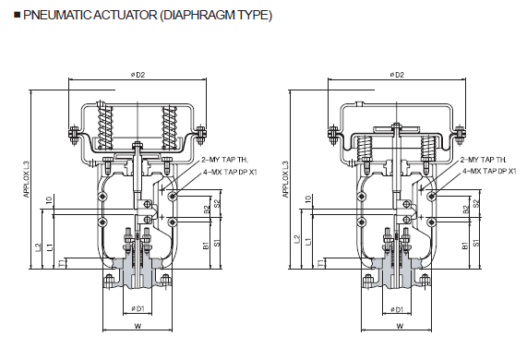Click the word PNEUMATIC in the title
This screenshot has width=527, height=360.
click(x=56, y=15)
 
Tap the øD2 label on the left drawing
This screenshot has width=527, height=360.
click(x=138, y=75)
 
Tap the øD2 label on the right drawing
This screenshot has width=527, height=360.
click(x=397, y=75)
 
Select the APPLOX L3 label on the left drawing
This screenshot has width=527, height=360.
click(x=27, y=179)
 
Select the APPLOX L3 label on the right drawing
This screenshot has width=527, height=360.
click(x=286, y=179)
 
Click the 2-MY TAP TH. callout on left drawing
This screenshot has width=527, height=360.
click(x=224, y=160)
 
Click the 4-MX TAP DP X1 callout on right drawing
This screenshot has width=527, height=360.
click(x=489, y=171)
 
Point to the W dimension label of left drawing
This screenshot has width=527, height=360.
click(x=138, y=325)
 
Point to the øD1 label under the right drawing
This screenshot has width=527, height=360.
click(x=397, y=309)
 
